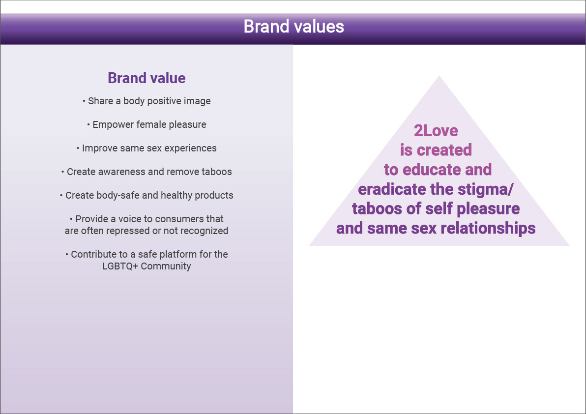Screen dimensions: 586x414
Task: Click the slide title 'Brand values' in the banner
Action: pyautogui.click(x=294, y=27)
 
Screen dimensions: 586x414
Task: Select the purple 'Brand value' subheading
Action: pyautogui.click(x=146, y=78)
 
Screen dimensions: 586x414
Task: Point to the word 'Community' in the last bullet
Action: pyautogui.click(x=166, y=266)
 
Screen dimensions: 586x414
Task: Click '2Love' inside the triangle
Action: pyautogui.click(x=436, y=131)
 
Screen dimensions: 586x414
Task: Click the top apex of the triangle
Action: pyautogui.click(x=439, y=76)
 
